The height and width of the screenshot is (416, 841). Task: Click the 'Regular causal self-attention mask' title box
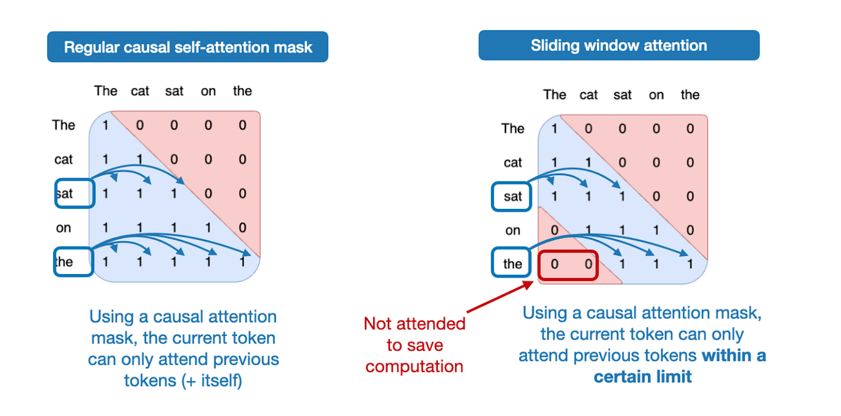[x=188, y=47]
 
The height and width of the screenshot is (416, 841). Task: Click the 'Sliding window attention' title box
[x=619, y=45]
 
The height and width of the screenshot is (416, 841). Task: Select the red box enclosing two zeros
[x=568, y=265]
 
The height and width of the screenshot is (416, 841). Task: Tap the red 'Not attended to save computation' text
[x=415, y=345]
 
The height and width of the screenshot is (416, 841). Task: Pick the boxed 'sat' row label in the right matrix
[x=512, y=197]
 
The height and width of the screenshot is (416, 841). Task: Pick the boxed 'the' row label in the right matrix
[x=512, y=264]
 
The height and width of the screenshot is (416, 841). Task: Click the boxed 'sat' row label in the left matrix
[x=73, y=193]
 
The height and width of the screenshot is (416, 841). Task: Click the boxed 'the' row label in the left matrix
[x=73, y=261]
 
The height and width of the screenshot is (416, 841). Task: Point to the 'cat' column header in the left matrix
[x=140, y=91]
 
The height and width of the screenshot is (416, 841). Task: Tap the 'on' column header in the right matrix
[x=656, y=95]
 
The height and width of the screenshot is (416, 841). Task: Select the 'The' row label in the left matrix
[x=64, y=125]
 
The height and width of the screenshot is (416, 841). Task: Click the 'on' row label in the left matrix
[x=64, y=228]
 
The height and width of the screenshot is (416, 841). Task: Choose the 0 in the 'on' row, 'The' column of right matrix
[x=555, y=231]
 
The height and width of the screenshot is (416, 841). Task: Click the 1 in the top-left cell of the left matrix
[x=106, y=125]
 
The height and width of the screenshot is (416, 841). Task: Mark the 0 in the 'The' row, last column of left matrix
[x=242, y=125]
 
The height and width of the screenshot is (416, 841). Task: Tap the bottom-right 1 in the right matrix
[x=690, y=264]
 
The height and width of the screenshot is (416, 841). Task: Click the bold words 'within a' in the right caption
[x=734, y=355]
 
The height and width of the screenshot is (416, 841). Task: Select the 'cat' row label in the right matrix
[x=513, y=163]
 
